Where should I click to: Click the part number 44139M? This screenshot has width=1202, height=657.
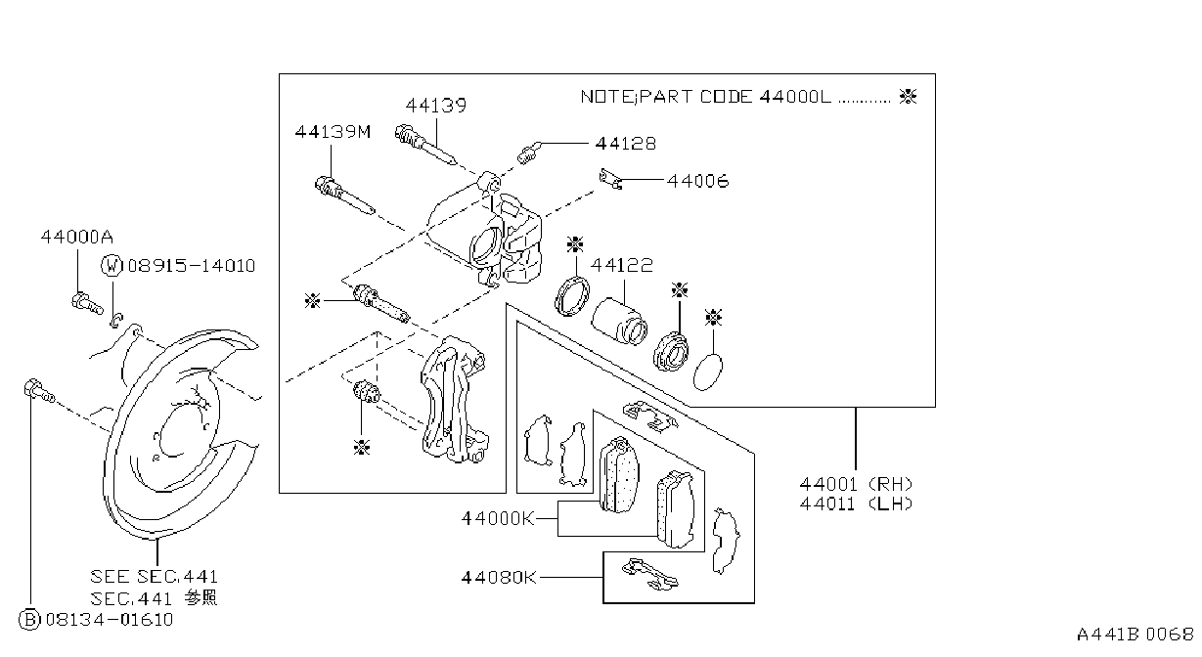click(333, 132)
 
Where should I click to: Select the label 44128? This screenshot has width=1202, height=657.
click(626, 144)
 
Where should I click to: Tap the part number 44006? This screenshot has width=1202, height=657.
click(698, 181)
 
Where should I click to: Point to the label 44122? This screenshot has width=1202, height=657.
click(622, 265)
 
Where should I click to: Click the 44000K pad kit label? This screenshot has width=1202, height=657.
click(498, 518)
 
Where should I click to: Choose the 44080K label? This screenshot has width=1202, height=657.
click(499, 578)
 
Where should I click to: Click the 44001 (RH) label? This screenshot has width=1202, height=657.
click(856, 484)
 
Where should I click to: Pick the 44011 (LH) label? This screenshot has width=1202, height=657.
click(856, 504)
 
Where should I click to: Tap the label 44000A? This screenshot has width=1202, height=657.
click(77, 237)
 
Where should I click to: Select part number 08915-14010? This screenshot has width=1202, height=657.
click(192, 266)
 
